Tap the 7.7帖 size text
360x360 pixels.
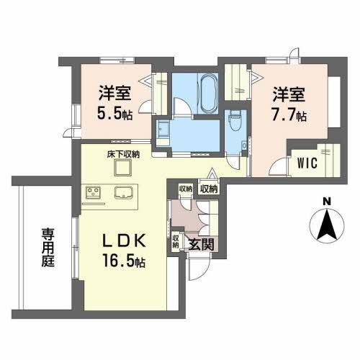point(289,115)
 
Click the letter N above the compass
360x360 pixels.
point(325,201)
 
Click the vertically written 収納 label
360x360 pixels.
point(175,241)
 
